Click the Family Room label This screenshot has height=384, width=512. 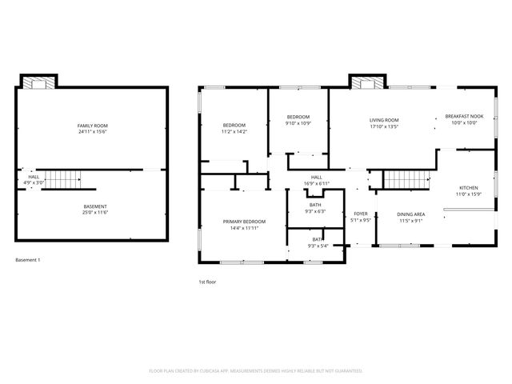pos(93,126)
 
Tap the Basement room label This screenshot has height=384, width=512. pos(95,207)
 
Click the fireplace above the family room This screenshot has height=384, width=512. pos(38,82)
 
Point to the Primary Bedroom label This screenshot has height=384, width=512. pos(244,221)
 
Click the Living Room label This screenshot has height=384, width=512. pos(384,119)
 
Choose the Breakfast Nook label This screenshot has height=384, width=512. pos(464,117)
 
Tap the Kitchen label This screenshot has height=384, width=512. pos(468,188)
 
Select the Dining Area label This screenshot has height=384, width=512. pos(411,214)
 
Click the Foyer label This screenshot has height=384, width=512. pos(361,214)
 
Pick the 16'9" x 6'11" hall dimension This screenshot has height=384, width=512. pos(317,184)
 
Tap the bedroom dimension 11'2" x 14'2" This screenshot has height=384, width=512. pos(234,131)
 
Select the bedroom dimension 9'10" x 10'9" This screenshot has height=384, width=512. pos(298,124)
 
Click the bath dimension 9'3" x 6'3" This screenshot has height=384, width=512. pos(316,211)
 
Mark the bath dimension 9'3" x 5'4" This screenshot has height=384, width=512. pos(318,246)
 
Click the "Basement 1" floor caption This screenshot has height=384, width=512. pos(28,260)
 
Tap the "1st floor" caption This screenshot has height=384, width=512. pos(207,282)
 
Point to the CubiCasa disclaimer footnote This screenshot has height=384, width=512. pos(256,371)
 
